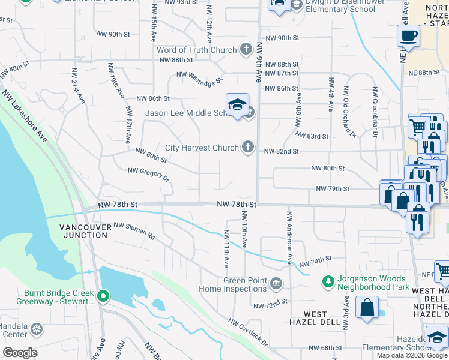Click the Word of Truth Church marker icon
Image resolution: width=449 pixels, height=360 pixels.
point(246,49)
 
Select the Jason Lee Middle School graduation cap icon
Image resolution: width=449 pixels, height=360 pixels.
point(237,104)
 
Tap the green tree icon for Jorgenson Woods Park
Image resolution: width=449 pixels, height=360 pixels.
point(328,281)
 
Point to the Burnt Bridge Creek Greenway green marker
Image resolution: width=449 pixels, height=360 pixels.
point(103,295)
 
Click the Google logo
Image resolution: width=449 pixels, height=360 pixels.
point(20,353)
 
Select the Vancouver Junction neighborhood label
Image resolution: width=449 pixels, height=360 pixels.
point(84,231)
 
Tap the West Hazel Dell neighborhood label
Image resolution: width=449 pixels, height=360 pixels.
point(315,319)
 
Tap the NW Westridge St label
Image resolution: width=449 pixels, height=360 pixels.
point(199,76)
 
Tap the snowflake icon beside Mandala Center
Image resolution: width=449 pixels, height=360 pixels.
point(37,329)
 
